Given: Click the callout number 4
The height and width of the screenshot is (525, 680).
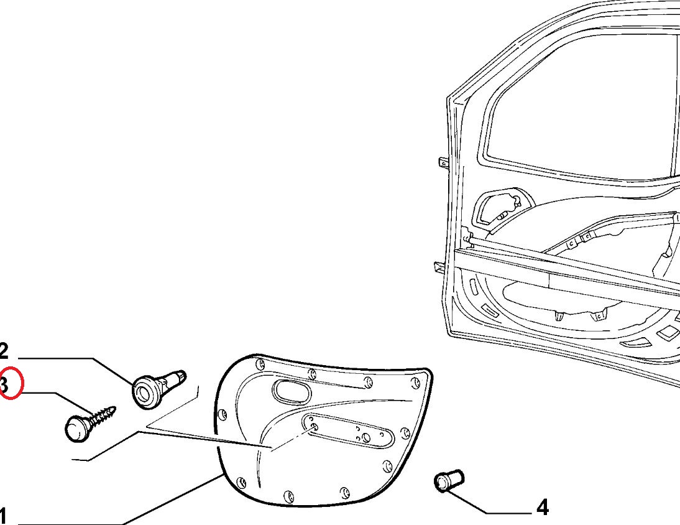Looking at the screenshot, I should point(542,508).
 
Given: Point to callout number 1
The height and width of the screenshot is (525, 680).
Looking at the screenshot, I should point(4,516).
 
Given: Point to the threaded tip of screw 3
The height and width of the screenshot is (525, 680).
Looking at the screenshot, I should point(112,410).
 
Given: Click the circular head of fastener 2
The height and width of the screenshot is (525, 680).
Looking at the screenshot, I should point(145,391).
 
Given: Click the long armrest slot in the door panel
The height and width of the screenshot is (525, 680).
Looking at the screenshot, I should point(348,431).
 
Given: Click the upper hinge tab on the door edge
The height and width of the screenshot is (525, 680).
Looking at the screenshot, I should point(443,163).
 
